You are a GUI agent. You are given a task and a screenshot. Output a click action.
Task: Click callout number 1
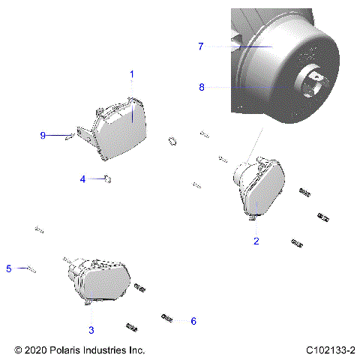click(132, 74)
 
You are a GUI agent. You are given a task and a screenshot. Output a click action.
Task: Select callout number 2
click(256, 241)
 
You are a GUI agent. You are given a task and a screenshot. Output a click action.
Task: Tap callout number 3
click(91, 329)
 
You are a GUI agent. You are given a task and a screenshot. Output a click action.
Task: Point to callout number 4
click(83, 178)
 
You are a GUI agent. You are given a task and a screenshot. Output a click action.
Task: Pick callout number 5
click(9, 268)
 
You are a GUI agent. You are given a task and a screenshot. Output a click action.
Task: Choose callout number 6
click(193, 321)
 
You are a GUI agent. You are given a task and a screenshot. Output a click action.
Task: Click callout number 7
click(200, 46)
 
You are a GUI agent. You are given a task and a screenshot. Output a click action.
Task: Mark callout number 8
click(201, 87)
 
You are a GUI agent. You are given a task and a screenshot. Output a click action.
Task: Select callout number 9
click(43, 136)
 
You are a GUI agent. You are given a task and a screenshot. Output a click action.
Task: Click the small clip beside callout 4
click(108, 178)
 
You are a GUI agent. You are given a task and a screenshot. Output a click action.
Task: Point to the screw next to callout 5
click(30, 268)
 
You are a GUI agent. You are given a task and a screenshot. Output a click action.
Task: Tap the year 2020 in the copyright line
click(34, 350)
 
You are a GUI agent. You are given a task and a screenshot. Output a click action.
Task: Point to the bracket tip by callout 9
click(70, 136)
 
